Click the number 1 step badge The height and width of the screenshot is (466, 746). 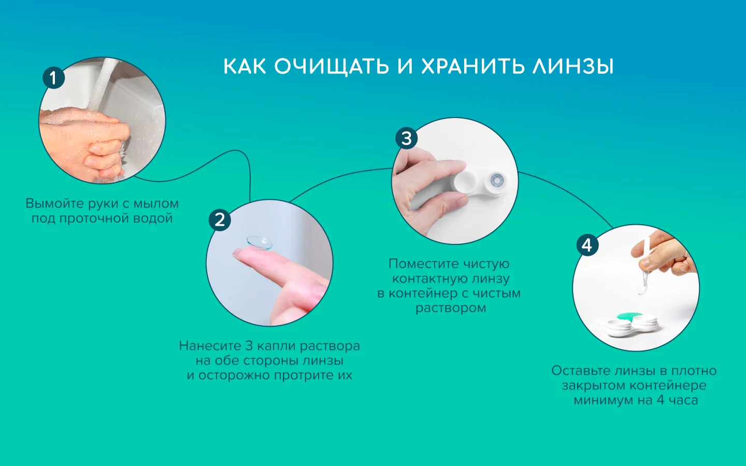click(54, 78)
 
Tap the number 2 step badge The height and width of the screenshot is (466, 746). click(220, 220)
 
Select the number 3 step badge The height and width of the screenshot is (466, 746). click(406, 138)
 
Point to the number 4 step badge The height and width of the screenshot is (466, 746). click(587, 245)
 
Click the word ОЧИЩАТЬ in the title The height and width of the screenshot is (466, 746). click(332, 67)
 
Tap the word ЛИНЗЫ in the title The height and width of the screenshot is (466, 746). click(572, 66)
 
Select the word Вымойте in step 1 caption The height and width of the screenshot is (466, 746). click(54, 203)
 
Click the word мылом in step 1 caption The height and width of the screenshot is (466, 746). click(156, 203)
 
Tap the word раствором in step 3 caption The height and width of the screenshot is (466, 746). click(451, 308)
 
